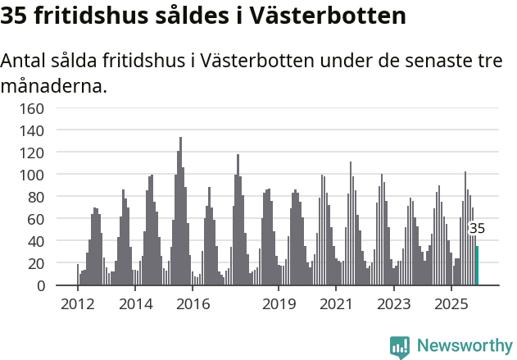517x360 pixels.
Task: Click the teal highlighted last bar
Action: tap(477, 266)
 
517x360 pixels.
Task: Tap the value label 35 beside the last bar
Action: tap(477, 229)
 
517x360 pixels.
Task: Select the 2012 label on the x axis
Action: tap(78, 305)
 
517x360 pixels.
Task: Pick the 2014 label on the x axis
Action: tap(135, 305)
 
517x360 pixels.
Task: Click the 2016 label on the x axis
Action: tap(193, 305)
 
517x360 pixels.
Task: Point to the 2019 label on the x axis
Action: tap(279, 305)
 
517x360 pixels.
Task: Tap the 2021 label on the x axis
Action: tap(336, 305)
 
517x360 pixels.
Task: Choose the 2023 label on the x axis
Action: tap(393, 305)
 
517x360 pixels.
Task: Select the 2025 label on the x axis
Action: tap(451, 305)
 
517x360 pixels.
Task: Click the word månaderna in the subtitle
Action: tap(54, 85)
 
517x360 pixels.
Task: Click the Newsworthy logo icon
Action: tap(400, 347)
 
